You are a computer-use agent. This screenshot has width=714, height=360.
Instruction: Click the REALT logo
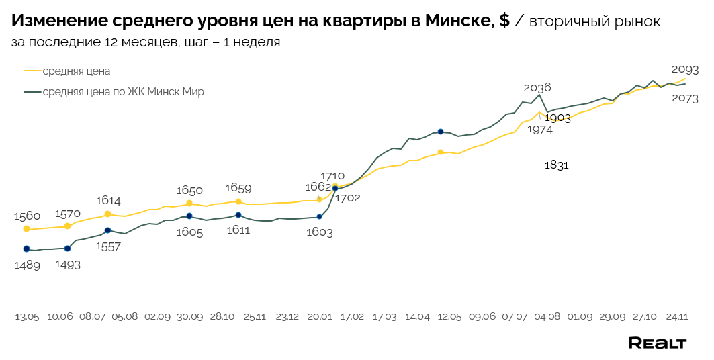point(657,343)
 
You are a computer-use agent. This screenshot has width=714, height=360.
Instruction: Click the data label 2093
point(684,69)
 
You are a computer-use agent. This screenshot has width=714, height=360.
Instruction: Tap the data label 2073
point(684,98)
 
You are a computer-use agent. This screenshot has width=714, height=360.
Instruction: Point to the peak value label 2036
point(537,87)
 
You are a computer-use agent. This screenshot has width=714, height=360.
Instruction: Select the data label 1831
point(557,165)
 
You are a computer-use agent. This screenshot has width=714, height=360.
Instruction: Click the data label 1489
point(27,265)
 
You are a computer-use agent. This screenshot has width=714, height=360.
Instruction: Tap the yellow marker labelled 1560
point(26,229)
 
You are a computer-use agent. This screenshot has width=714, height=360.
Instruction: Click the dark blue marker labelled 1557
point(107,230)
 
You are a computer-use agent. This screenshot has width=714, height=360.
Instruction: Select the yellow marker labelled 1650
point(189,203)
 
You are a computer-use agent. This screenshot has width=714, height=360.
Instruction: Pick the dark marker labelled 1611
point(238,215)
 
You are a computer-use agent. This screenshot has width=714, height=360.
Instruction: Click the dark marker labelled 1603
point(319,216)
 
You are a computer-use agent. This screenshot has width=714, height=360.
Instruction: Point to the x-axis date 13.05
point(27,316)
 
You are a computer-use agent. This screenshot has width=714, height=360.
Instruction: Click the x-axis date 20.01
point(320,316)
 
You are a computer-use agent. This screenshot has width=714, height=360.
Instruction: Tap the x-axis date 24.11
point(676,316)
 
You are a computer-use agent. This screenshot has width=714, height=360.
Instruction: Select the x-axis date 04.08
point(547,316)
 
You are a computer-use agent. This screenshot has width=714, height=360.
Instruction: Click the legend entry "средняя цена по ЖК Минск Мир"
point(123,92)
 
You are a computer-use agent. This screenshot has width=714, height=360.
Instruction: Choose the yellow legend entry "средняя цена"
point(76,71)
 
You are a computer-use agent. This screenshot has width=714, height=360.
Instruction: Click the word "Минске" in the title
point(459,21)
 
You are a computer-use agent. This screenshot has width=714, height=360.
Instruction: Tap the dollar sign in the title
point(504,21)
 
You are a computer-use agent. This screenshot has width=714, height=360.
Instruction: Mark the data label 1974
point(539,130)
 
